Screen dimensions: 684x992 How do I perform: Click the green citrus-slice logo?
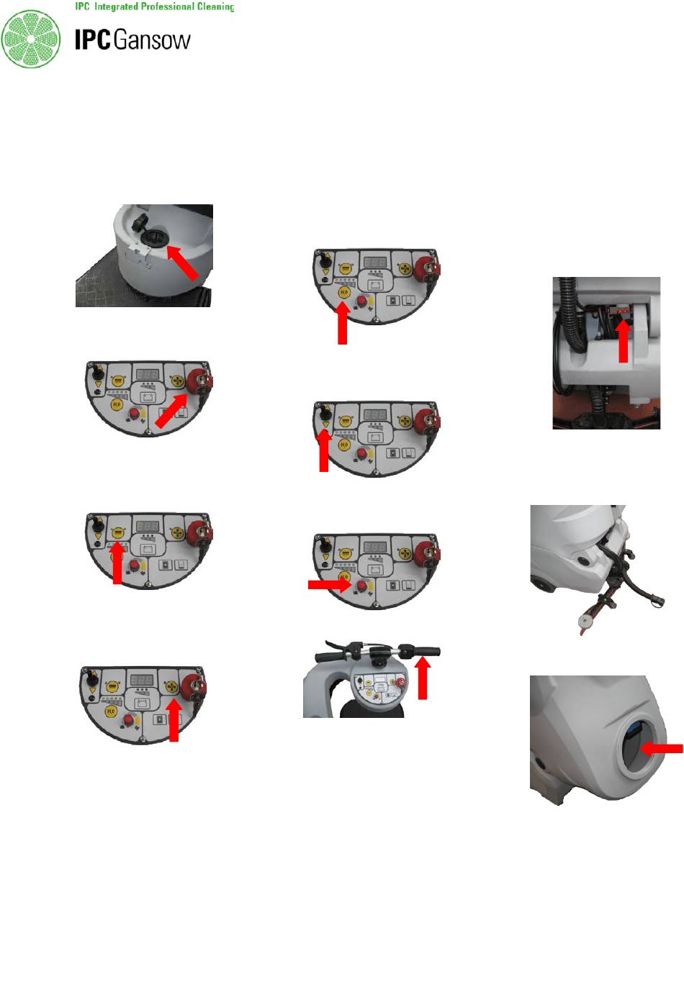(x=30, y=39)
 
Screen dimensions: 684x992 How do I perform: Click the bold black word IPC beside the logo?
(x=92, y=40)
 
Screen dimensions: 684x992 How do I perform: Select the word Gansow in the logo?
(x=152, y=40)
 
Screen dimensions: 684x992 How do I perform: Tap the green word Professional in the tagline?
(x=167, y=6)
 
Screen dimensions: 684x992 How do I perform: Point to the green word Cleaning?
(x=215, y=6)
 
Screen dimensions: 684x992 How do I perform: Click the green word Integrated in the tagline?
(x=116, y=6)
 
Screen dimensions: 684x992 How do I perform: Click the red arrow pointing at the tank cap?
(x=182, y=263)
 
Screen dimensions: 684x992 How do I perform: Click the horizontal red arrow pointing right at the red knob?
(x=330, y=585)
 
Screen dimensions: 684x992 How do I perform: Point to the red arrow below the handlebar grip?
(x=423, y=678)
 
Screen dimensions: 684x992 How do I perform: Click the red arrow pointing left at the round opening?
(x=661, y=748)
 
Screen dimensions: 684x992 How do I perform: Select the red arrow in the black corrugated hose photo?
(x=624, y=340)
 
